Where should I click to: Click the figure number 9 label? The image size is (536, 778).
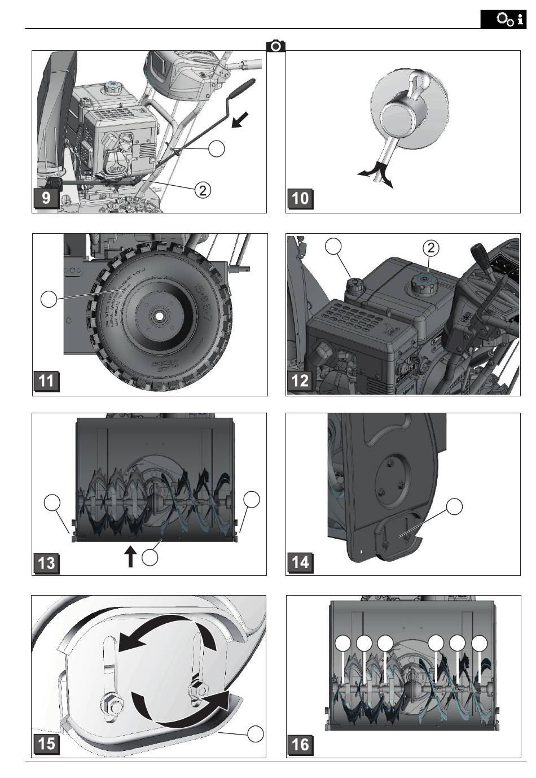click(x=46, y=199)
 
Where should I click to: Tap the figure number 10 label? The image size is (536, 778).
click(x=300, y=199)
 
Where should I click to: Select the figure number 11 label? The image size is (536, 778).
click(x=46, y=381)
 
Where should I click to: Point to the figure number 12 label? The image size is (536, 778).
click(x=300, y=381)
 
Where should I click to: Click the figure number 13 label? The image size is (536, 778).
click(x=46, y=562)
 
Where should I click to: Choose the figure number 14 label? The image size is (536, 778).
click(x=300, y=562)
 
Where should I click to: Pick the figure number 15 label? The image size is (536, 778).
click(x=46, y=744)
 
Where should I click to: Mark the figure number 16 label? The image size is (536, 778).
click(x=300, y=744)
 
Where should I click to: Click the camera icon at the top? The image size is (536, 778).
click(x=276, y=46)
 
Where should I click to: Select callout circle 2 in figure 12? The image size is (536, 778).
click(x=430, y=247)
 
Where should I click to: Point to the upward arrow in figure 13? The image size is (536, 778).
click(x=130, y=556)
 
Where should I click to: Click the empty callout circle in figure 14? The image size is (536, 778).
click(x=455, y=506)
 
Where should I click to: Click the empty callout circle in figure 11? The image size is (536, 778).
click(x=49, y=299)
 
